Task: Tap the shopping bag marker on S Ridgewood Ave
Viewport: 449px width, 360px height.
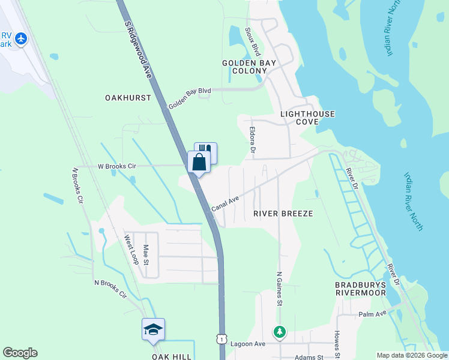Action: tap(199, 161)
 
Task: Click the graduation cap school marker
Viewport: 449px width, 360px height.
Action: tap(153, 329)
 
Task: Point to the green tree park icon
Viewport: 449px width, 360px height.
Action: tap(279, 331)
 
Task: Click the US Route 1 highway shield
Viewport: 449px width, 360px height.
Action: tap(222, 340)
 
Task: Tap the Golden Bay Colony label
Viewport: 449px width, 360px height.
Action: tap(249, 67)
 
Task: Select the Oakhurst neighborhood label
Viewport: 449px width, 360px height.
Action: tap(128, 97)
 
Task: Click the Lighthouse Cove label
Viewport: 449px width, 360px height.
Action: tap(307, 118)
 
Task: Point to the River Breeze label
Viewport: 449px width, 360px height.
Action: tap(283, 214)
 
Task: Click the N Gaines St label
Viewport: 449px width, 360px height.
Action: tap(279, 289)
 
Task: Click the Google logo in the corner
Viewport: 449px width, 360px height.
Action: tap(20, 353)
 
